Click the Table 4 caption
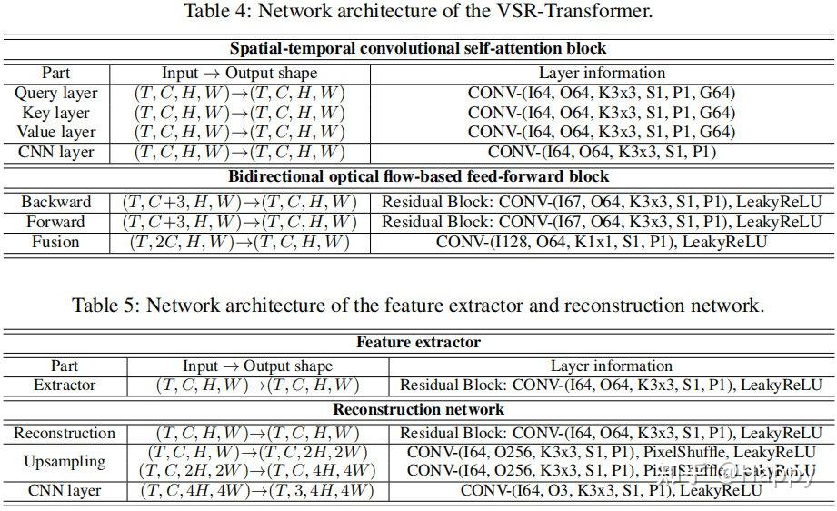[418, 12]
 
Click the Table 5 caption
[418, 305]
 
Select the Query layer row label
[56, 93]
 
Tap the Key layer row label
[56, 113]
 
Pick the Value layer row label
[56, 133]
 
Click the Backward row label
[56, 202]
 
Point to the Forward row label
[56, 222]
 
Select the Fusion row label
[56, 242]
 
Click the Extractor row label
[65, 386]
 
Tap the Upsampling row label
[65, 462]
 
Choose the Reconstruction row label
[65, 434]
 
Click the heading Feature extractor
[418, 343]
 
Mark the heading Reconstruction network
[418, 410]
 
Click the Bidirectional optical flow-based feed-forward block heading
[418, 176]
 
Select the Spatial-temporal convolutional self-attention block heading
[418, 48]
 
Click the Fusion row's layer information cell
[602, 242]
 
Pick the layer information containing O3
[611, 491]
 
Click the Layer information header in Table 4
[602, 73]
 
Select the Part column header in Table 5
[65, 366]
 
